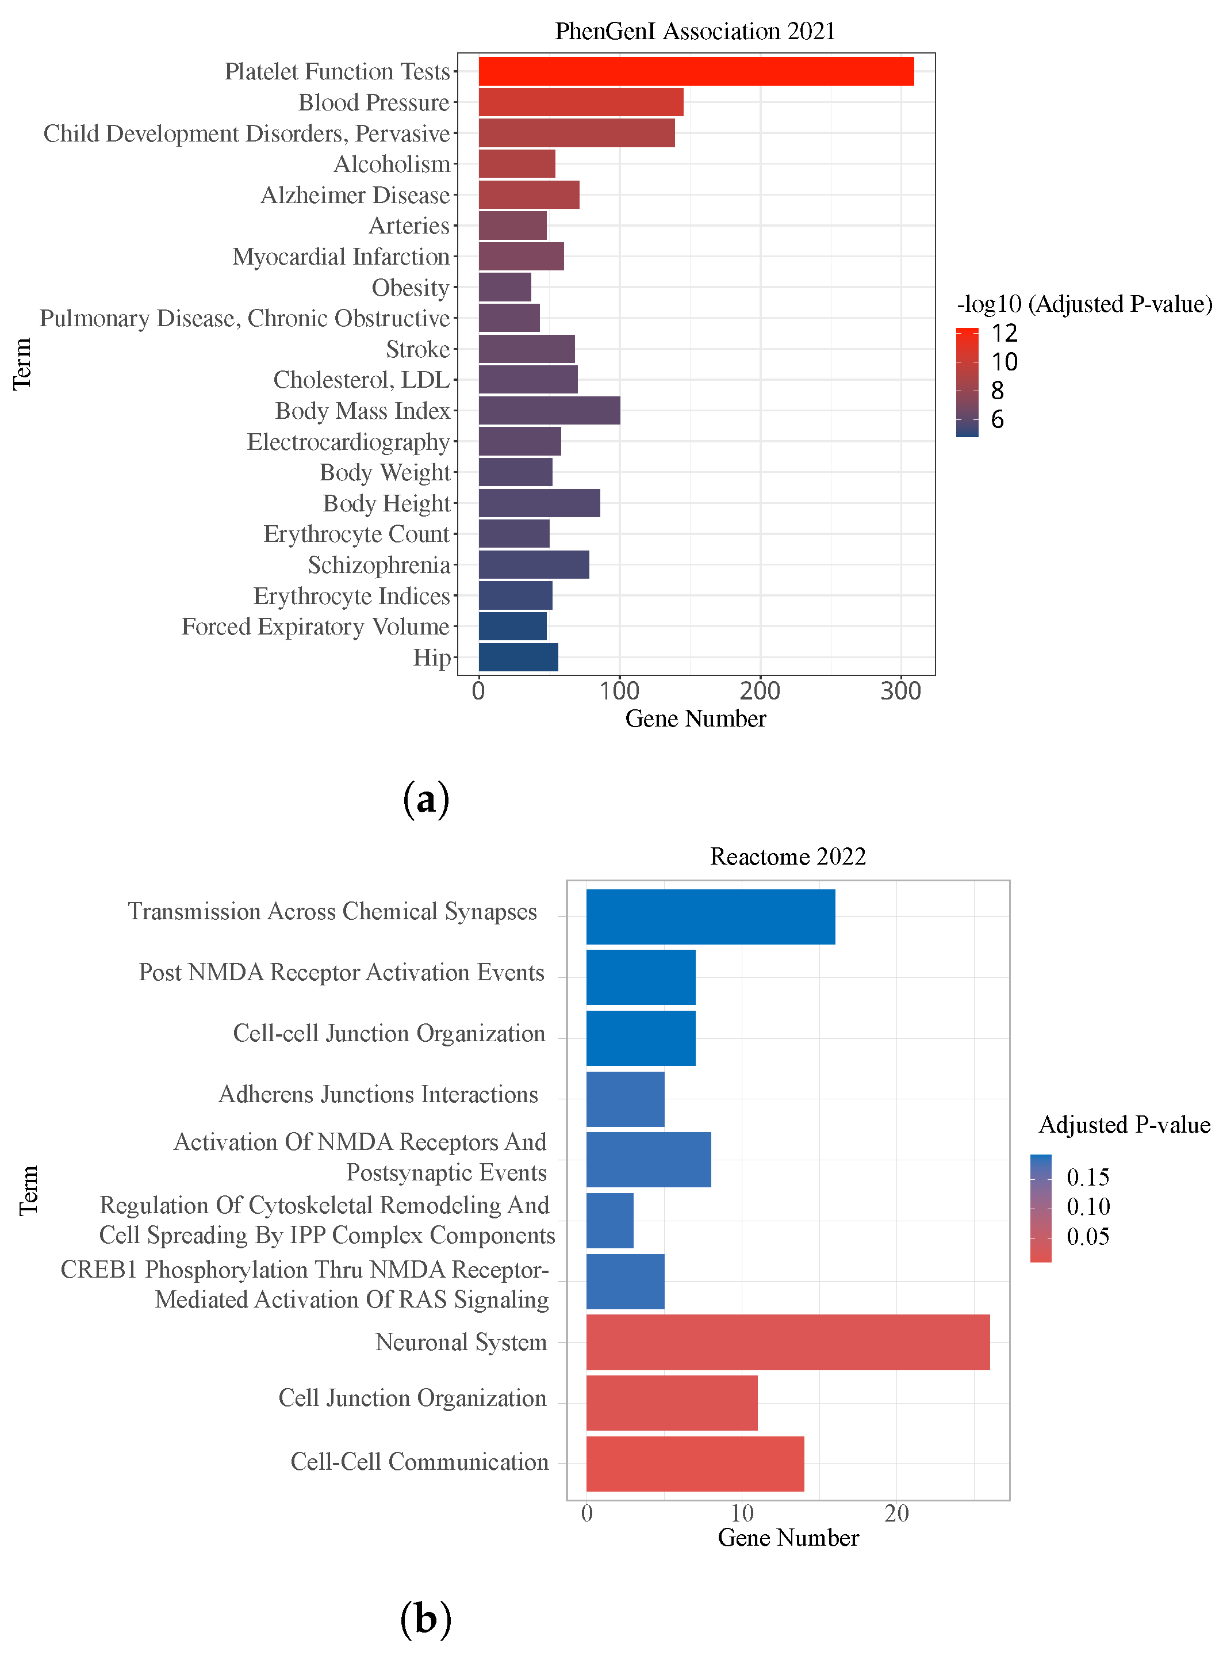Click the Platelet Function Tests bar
[696, 71]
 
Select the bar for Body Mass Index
[549, 410]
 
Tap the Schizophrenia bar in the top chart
[534, 564]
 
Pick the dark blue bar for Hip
[518, 657]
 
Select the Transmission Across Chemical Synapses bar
[711, 917]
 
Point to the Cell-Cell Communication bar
[695, 1463]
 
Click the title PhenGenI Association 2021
[695, 31]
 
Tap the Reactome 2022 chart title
[788, 856]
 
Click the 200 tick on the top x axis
[760, 691]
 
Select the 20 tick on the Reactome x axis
[896, 1513]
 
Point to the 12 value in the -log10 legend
[1005, 333]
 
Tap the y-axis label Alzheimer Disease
[355, 195]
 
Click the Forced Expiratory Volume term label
[315, 626]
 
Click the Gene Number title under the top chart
[695, 718]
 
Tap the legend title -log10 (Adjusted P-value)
[1084, 304]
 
